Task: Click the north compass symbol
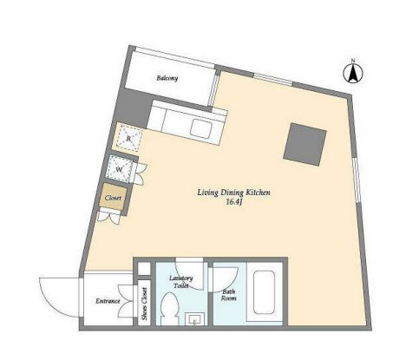pyautogui.click(x=353, y=73)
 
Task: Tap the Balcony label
pyautogui.click(x=167, y=78)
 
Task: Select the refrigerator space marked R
pyautogui.click(x=129, y=139)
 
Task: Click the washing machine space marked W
pyautogui.click(x=120, y=169)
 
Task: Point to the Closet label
pyautogui.click(x=113, y=198)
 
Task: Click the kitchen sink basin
pyautogui.click(x=200, y=129)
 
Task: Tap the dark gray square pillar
pyautogui.click(x=304, y=144)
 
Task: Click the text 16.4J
pyautogui.click(x=233, y=202)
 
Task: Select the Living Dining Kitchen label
pyautogui.click(x=233, y=193)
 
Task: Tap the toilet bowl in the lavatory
pyautogui.click(x=168, y=308)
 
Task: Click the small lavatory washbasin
pyautogui.click(x=195, y=319)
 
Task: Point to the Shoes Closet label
pyautogui.click(x=144, y=304)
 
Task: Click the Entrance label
pyautogui.click(x=108, y=301)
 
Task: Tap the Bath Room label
pyautogui.click(x=229, y=295)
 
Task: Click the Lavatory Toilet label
pyautogui.click(x=181, y=282)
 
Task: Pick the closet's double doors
pyautogui.click(x=108, y=217)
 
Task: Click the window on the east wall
pyautogui.click(x=357, y=180)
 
